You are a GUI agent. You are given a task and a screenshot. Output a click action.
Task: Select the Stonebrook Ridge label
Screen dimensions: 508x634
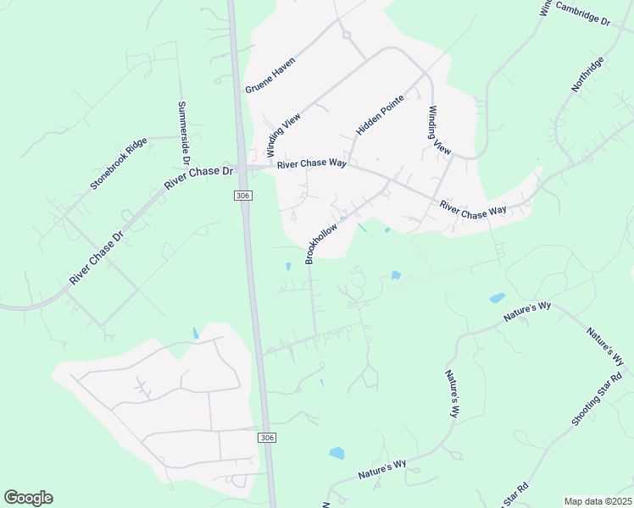[120, 162]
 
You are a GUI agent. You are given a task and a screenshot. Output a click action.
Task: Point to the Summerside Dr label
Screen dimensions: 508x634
[182, 134]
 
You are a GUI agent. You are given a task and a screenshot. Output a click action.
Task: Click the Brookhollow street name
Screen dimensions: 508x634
[322, 242]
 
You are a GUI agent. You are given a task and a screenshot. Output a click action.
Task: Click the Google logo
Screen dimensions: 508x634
[28, 498]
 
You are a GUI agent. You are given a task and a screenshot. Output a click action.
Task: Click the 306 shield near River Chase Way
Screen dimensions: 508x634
[243, 196]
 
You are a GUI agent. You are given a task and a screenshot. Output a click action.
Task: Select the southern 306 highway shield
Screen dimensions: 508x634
[267, 437]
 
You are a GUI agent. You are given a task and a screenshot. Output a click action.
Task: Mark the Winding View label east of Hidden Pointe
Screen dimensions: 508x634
[439, 129]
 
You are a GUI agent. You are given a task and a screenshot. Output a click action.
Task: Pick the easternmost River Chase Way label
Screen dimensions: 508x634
[473, 210]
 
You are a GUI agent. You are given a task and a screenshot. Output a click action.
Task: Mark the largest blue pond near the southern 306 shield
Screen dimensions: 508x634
[337, 453]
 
